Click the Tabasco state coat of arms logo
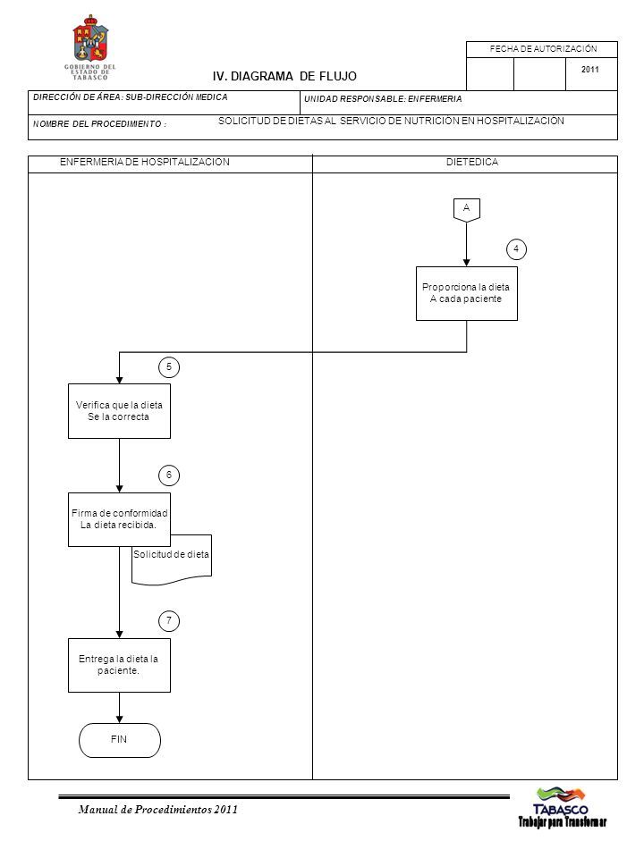[91, 47]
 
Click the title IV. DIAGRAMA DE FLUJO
[284, 77]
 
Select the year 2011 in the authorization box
[589, 70]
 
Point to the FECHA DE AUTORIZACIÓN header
[543, 48]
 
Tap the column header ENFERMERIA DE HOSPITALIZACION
[145, 162]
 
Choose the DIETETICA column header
[472, 162]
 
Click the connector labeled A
[467, 210]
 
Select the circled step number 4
[516, 249]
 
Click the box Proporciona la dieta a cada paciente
[467, 293]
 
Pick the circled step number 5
[169, 366]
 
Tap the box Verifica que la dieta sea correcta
[119, 411]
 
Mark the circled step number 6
[169, 475]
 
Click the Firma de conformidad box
[119, 519]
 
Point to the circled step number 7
[169, 620]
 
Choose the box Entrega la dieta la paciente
[119, 665]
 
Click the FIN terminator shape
[119, 740]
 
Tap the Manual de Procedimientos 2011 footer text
[157, 810]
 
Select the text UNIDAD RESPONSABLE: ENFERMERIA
[383, 99]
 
